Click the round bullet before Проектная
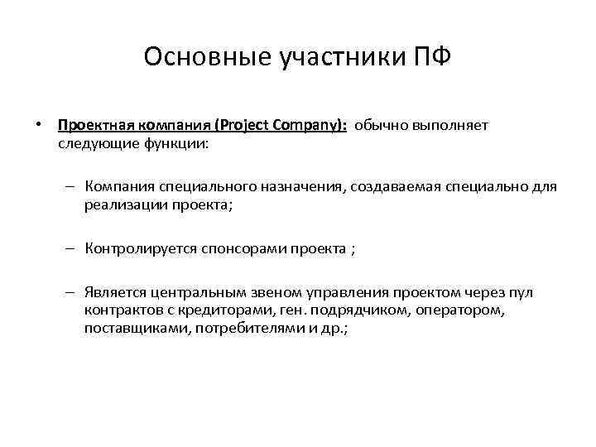coord(38,125)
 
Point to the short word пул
coord(521,293)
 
